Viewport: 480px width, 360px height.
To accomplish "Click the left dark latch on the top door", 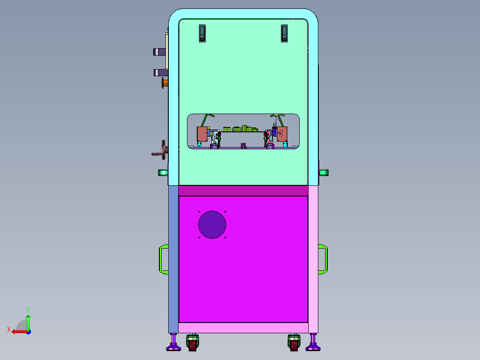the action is pyautogui.click(x=202, y=33).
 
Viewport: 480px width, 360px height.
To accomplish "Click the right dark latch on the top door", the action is pyautogui.click(x=285, y=33).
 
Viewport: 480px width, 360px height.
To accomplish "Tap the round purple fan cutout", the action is pyautogui.click(x=212, y=225).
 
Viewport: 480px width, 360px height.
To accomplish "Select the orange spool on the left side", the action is pyautogui.click(x=165, y=83).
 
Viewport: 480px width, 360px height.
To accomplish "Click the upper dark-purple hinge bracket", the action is pyautogui.click(x=159, y=52).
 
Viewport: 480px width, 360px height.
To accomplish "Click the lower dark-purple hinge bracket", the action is pyautogui.click(x=160, y=73).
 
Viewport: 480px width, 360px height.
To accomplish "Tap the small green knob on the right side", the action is pyautogui.click(x=324, y=172).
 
